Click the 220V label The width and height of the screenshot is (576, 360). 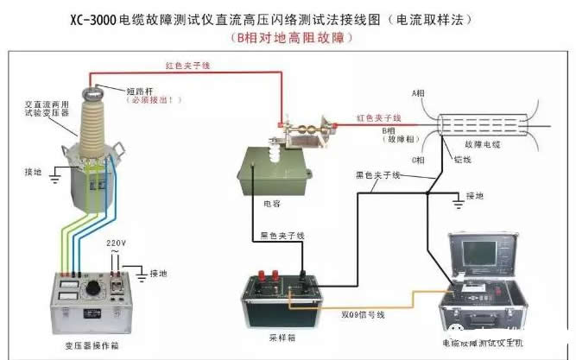[117, 243]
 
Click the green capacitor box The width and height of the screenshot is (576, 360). [270, 163]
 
